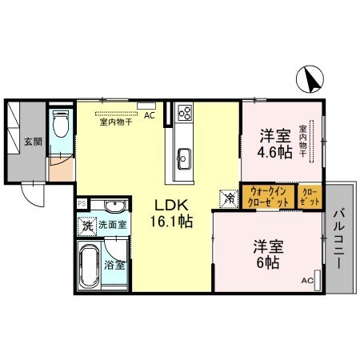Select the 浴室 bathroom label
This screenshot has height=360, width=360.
114,265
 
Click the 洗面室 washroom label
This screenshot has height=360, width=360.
112,226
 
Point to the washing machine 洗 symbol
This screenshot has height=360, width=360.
86,226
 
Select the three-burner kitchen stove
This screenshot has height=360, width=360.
185,113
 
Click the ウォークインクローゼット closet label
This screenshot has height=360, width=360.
269,197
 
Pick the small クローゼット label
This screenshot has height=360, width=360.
310,197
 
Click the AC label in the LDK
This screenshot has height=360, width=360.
149,115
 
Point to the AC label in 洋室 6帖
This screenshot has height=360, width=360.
307,281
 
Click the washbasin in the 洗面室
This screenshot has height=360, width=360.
111,205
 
